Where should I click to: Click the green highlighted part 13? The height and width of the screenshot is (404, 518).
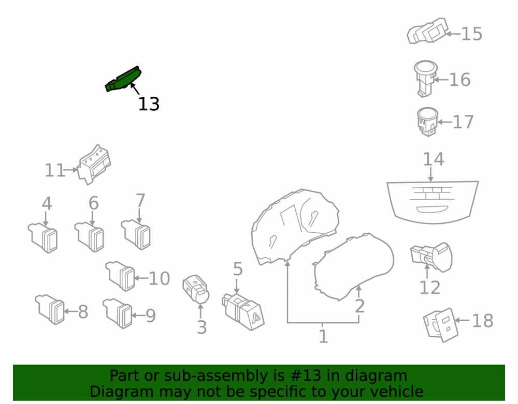(x=123, y=79)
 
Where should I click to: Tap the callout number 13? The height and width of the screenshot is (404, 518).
(x=149, y=104)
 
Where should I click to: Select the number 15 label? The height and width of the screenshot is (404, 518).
(x=471, y=34)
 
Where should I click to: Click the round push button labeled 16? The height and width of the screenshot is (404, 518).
(x=425, y=78)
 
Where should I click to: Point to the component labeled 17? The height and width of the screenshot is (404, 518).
(x=427, y=122)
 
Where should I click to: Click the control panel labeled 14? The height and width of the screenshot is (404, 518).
(x=433, y=202)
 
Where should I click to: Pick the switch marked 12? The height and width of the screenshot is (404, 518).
(x=431, y=257)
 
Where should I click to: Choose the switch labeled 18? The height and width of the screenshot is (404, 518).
(x=441, y=325)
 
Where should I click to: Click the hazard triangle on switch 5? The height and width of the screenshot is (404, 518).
(x=256, y=318)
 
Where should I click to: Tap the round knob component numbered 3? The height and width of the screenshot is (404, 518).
(x=196, y=289)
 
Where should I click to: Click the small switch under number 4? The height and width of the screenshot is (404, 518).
(x=43, y=238)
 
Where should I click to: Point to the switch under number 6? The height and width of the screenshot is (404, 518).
(x=89, y=237)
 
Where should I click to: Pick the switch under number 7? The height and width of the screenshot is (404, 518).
(x=136, y=234)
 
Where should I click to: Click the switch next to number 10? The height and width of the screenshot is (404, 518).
(x=120, y=276)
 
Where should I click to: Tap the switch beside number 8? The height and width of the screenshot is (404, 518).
(x=50, y=309)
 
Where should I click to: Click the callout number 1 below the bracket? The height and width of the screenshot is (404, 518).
(x=323, y=337)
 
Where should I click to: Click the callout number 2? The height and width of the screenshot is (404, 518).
(x=359, y=306)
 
